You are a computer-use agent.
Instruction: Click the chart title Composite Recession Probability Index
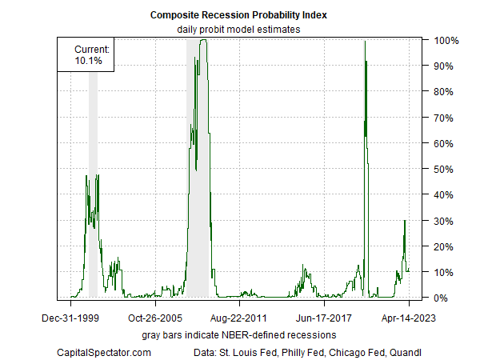point(239,15)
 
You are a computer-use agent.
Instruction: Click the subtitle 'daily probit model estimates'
point(239,30)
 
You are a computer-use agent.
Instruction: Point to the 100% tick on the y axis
point(446,40)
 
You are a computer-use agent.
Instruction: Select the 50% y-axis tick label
point(446,169)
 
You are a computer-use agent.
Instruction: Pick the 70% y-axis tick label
point(446,118)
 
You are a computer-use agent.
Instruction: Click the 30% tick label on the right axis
point(446,221)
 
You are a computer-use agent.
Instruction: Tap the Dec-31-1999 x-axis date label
point(70,317)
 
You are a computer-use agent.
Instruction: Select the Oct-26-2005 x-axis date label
point(154,317)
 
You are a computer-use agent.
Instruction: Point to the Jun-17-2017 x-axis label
point(323,317)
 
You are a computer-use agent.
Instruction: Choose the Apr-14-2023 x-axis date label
point(408,317)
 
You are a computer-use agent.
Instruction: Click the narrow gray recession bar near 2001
point(93,184)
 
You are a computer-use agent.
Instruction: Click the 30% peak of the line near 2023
point(405,221)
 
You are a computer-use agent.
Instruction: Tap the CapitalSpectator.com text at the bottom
point(104,351)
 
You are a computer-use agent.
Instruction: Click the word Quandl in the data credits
point(406,351)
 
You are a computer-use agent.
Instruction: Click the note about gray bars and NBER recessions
point(239,334)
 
